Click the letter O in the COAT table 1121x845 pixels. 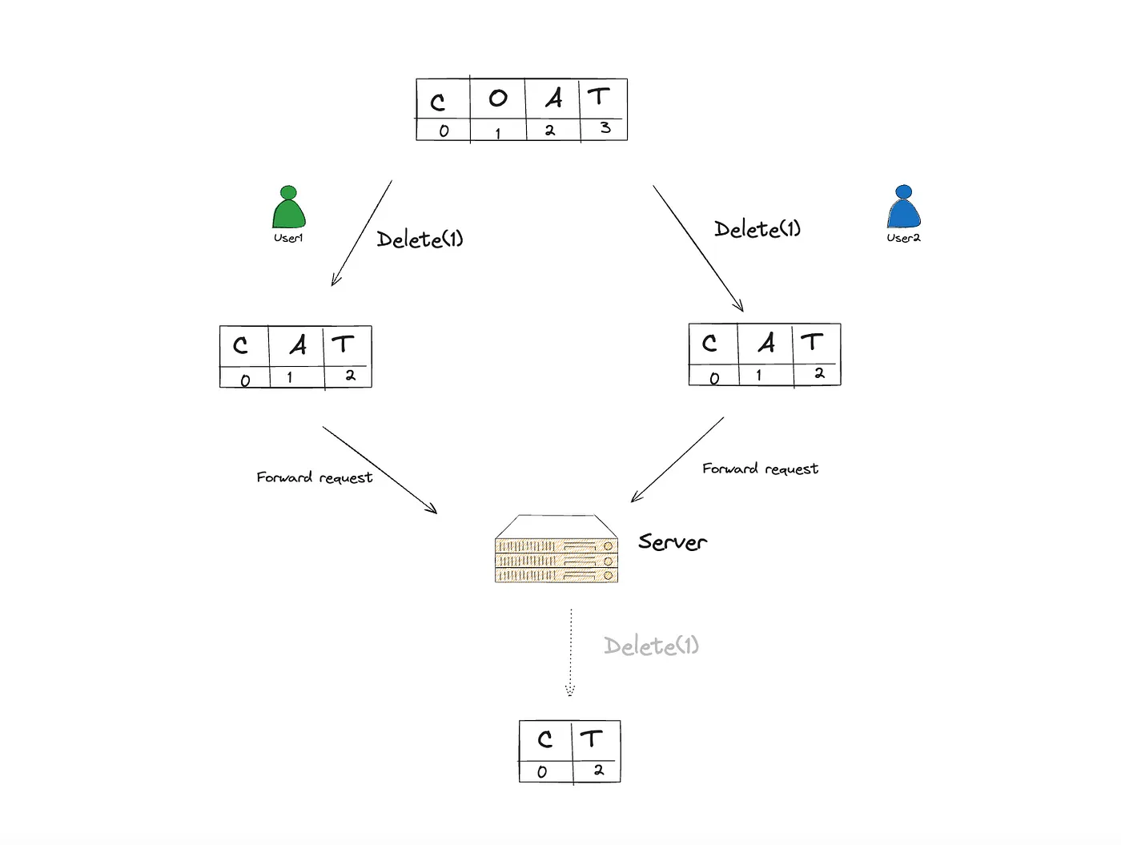coord(497,99)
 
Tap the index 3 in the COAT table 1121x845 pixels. coord(605,128)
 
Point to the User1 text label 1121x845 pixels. coord(288,238)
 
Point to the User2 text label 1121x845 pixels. coord(903,238)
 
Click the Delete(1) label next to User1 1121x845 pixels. coord(420,239)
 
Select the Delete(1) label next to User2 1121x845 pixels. coord(757,229)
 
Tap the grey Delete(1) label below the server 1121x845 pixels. coord(651,646)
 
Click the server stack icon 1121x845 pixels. coord(556,549)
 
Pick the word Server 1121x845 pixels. coord(673,542)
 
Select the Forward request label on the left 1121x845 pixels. coord(314,477)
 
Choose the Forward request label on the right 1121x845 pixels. coord(760,469)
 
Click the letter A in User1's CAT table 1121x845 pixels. coord(298,345)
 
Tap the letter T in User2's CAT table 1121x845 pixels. coord(812,343)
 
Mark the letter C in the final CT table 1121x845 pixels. coord(545,739)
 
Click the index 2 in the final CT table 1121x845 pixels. coord(598,771)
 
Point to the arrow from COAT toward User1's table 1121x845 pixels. coord(362,232)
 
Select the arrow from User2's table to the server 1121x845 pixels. coord(677,460)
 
